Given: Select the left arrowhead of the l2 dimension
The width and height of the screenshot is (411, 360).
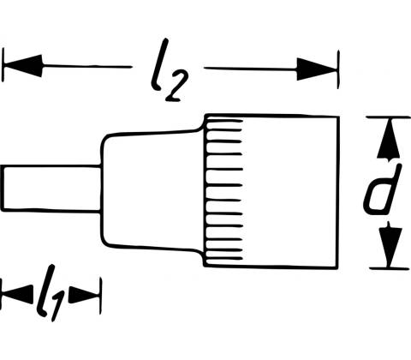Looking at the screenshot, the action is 23,66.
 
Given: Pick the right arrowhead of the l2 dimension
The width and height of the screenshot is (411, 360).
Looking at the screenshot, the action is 317,69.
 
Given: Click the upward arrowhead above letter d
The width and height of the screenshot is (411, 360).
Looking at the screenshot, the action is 388,140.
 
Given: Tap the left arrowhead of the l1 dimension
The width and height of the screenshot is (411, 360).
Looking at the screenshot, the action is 16,294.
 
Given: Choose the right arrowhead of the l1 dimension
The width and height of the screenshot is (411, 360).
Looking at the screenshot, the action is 84,294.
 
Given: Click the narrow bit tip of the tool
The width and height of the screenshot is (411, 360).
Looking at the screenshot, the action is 51,189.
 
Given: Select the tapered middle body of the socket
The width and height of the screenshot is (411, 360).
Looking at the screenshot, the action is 152,190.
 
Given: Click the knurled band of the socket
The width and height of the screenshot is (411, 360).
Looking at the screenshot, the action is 224,190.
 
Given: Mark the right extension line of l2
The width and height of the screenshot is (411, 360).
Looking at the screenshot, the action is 338,69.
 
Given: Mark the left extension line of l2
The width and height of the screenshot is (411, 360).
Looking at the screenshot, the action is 3,65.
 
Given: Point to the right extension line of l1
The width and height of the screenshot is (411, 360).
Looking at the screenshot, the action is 100,296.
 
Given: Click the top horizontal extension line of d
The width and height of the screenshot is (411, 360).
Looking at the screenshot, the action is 388,117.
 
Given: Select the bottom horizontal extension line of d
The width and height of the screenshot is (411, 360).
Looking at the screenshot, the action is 390,268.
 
